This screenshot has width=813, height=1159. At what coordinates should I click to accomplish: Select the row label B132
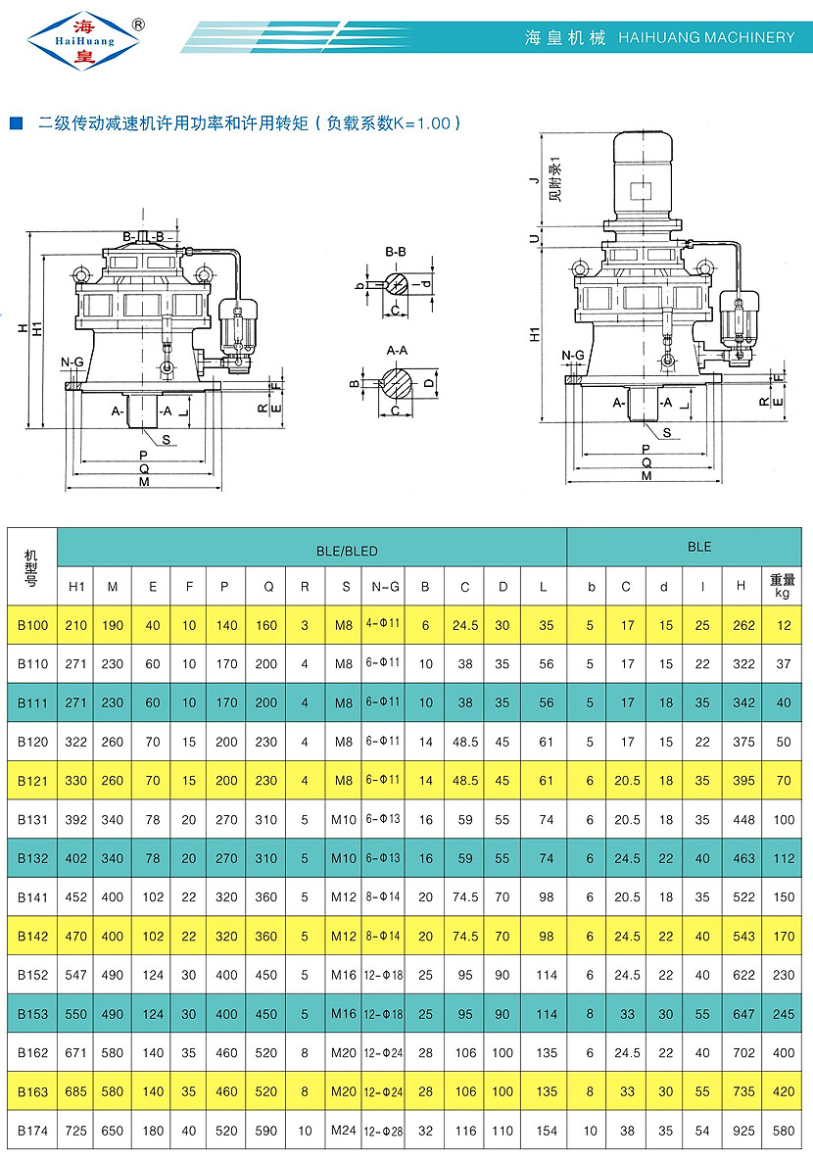pyautogui.click(x=32, y=858)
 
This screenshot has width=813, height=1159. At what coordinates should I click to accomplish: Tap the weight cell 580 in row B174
pyautogui.click(x=783, y=1131)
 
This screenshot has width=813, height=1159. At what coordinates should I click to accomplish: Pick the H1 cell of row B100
pyautogui.click(x=75, y=625)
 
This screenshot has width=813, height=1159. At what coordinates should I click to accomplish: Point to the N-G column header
pyautogui.click(x=385, y=587)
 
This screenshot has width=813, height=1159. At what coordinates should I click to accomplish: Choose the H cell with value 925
pyautogui.click(x=741, y=1131)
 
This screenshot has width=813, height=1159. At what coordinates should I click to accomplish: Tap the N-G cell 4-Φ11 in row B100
pyautogui.click(x=383, y=625)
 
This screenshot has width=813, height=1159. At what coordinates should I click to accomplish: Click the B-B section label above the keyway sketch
pyautogui.click(x=396, y=253)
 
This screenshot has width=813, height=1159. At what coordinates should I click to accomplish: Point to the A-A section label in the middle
pyautogui.click(x=397, y=350)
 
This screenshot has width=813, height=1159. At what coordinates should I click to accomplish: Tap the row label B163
pyautogui.click(x=32, y=1090)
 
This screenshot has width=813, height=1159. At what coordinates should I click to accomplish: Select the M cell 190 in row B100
pyautogui.click(x=113, y=625)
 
